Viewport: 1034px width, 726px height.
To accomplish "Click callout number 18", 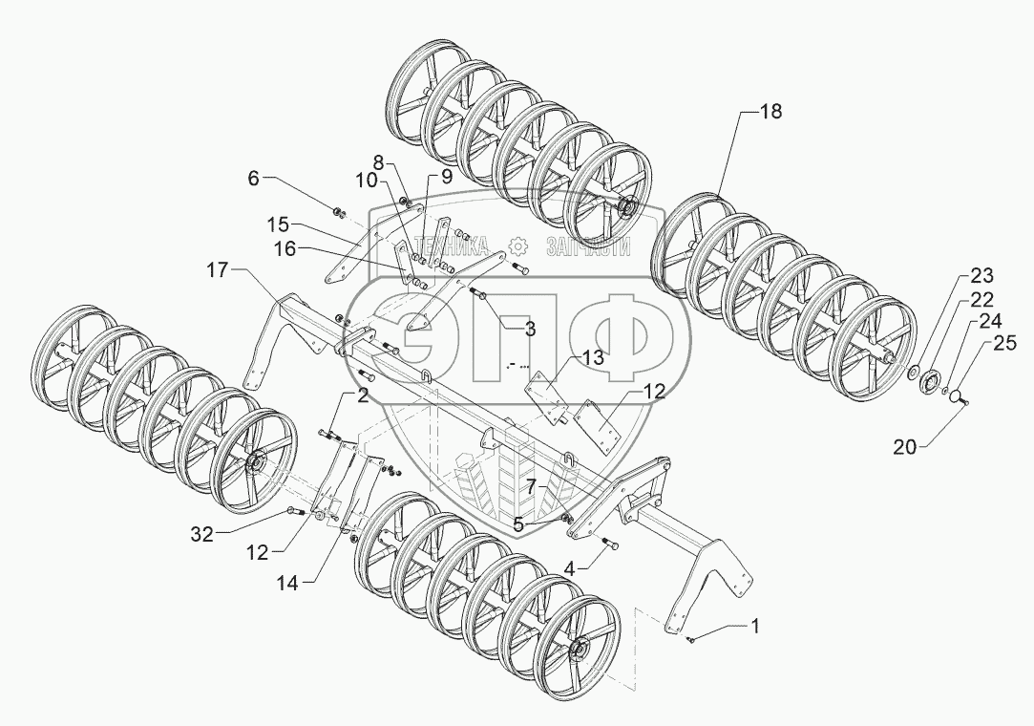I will pos(770,112).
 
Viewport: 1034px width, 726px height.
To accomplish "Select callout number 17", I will pos(219,271).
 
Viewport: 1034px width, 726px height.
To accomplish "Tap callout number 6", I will pos(253,177).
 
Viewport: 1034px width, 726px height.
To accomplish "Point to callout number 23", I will pos(981,276).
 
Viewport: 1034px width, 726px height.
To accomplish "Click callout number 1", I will pos(755,627).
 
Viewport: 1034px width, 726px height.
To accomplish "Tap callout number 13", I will pos(594,357).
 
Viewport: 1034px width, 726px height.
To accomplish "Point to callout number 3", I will pos(530,329).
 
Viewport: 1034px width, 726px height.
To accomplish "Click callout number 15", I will pos(278,224).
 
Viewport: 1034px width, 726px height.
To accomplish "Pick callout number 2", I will pos(363,395).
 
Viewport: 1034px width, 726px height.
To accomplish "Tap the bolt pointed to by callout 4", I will pos(611,545).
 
